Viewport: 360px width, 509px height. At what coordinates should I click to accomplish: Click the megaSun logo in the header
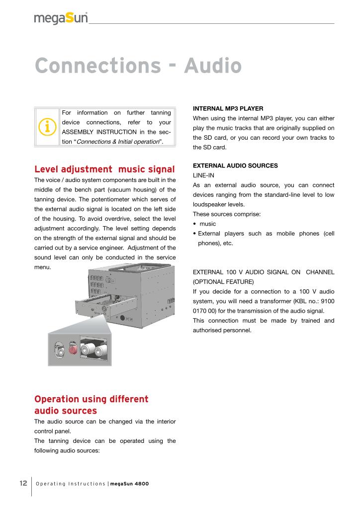tap(61, 18)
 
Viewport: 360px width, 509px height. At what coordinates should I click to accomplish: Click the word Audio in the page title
tap(212, 66)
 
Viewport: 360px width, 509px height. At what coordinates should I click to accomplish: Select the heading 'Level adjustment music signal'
tap(104, 169)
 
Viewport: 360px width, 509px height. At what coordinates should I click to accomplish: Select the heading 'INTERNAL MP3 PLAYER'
tap(227, 108)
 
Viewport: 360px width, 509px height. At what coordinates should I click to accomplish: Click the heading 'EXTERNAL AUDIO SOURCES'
tap(235, 166)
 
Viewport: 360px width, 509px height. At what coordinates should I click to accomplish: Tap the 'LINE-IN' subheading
tap(203, 175)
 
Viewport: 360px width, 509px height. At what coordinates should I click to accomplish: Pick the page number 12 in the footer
tap(23, 484)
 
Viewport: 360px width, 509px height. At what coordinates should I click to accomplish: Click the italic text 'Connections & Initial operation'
tap(118, 142)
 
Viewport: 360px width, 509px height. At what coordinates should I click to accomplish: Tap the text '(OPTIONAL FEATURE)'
tap(219, 281)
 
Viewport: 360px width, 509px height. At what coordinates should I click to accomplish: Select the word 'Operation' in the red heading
tap(57, 400)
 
